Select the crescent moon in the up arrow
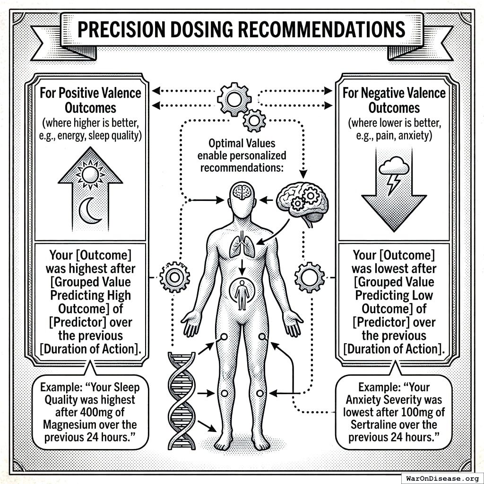click(90, 211)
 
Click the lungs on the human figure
click(242, 245)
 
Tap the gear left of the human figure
click(174, 277)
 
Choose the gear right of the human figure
click(309, 277)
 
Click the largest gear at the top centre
click(234, 99)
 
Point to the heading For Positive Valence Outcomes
click(90, 99)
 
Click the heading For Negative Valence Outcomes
click(394, 99)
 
